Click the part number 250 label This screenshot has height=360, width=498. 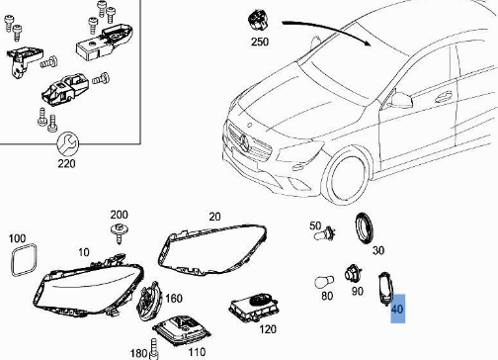tap(260, 42)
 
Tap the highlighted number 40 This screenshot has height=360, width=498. tap(397, 309)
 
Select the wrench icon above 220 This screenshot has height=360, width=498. tap(67, 144)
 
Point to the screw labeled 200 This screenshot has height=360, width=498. tap(120, 233)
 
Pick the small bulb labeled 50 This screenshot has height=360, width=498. tap(324, 234)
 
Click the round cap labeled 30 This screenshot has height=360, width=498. tap(365, 228)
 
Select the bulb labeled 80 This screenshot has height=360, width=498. tap(324, 283)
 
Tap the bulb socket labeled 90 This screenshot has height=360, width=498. tap(353, 273)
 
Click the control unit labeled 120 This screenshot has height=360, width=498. tap(254, 308)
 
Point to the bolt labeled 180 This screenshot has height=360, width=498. tap(153, 349)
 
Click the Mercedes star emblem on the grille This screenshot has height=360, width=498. tap(245, 143)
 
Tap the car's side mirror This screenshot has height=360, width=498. tap(401, 100)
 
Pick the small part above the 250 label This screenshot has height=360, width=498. tap(258, 22)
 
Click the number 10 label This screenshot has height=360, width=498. tap(84, 252)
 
